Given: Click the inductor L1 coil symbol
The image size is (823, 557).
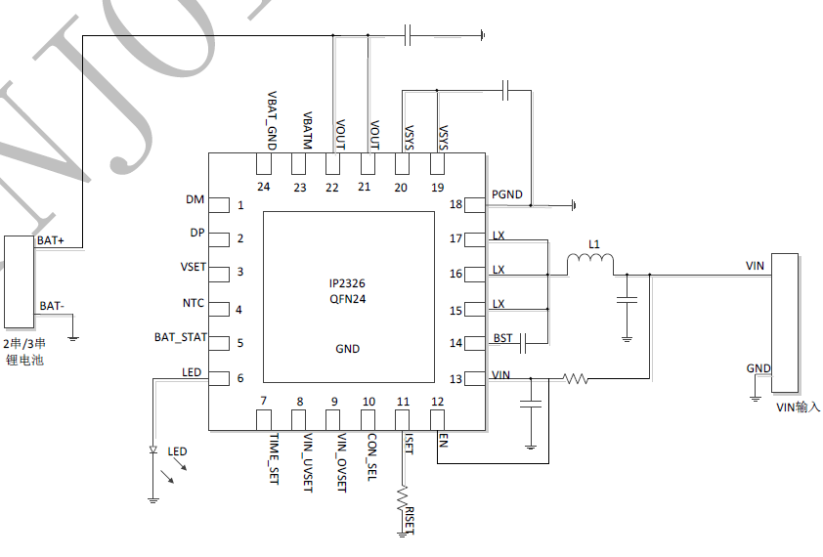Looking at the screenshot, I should (x=590, y=261).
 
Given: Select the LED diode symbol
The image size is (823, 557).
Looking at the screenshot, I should (x=153, y=450).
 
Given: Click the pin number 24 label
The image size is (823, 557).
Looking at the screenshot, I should (x=264, y=186).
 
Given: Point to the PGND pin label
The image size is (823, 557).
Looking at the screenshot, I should (x=507, y=194).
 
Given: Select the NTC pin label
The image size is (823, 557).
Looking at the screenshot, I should (x=193, y=303).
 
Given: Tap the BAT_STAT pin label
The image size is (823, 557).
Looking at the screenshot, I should (x=181, y=337).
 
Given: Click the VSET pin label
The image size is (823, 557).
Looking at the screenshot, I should (x=193, y=268).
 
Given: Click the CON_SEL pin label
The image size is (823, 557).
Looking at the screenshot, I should (x=371, y=457).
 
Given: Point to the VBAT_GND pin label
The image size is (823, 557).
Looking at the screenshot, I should (x=273, y=118).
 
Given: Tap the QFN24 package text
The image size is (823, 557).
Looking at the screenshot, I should (x=347, y=299).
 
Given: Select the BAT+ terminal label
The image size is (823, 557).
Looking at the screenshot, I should (x=51, y=239).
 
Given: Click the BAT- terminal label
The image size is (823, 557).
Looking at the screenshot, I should (x=52, y=306).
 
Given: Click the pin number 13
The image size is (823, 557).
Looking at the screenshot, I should (x=455, y=379).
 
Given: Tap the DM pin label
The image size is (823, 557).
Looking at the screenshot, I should (x=195, y=199).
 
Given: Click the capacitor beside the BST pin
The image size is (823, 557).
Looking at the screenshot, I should (x=526, y=342).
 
